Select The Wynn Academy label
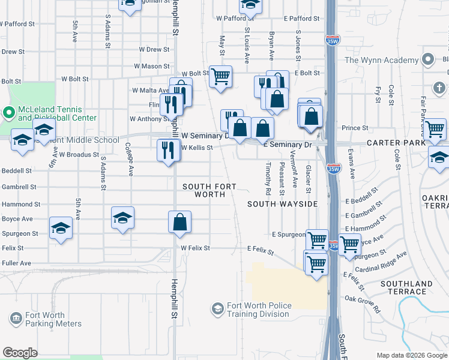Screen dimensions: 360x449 tap(381, 60)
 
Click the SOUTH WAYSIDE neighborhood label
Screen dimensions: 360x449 tap(283, 204)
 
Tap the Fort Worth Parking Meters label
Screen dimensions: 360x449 tap(53, 319)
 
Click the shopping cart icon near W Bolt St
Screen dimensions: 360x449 tap(221, 76)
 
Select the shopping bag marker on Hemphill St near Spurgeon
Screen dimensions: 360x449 tap(179, 223)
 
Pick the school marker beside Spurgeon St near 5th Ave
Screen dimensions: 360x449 tap(61, 228)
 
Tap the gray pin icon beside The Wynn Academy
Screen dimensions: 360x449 tap(427, 60)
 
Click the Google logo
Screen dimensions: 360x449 tap(20, 352)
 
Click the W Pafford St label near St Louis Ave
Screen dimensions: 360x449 tap(228, 19)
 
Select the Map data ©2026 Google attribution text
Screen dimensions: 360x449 tap(411, 355)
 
